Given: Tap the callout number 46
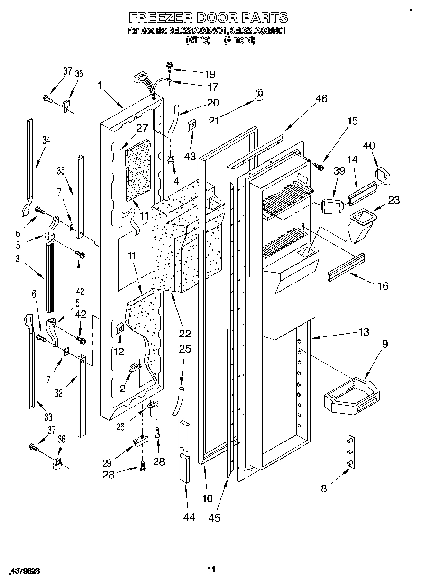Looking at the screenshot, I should [x=321, y=99].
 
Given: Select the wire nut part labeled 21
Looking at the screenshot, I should [x=259, y=96].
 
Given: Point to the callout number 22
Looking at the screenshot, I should [x=184, y=334].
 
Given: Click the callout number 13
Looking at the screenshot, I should [x=364, y=332].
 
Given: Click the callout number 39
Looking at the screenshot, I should [x=339, y=170].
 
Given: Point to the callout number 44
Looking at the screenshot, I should [x=189, y=517].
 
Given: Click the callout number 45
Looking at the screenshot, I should [x=214, y=517].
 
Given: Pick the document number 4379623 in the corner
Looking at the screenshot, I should [x=23, y=572].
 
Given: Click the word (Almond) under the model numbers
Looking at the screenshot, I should [x=239, y=40].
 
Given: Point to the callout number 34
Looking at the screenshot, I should [x=46, y=140].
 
